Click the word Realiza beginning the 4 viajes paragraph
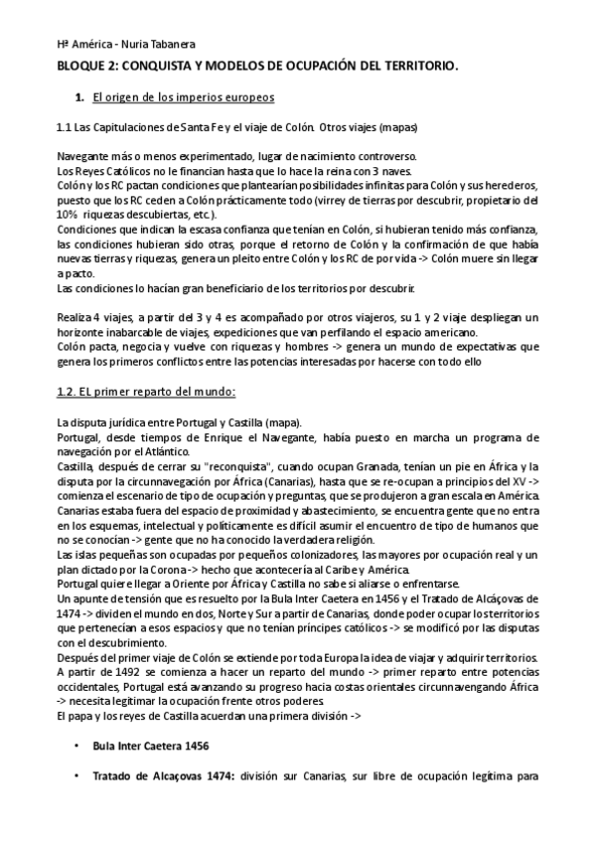pyautogui.click(x=76, y=317)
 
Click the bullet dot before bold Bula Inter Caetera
pyautogui.click(x=75, y=747)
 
